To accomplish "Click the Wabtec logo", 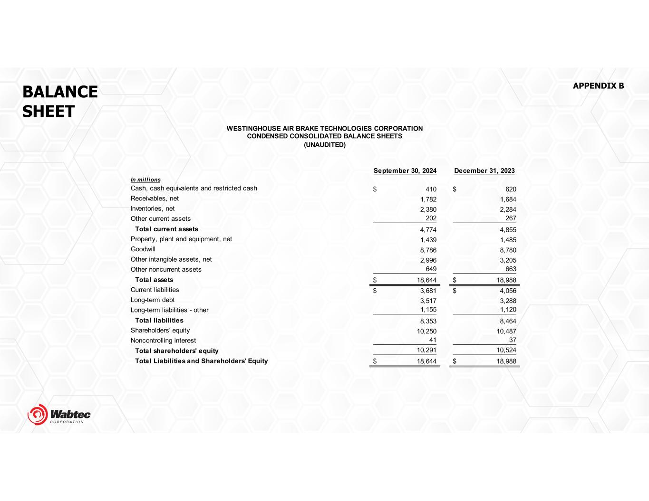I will point(59,415).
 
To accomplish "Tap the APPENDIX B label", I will point(598,86).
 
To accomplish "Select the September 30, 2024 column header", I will point(405,171).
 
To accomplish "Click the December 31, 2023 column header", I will point(484,171).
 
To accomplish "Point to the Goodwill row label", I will point(143,249).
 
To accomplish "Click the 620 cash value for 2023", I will point(511,189).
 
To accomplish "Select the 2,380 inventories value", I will point(428,209).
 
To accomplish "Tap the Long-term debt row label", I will point(153,300).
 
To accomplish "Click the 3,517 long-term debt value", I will point(428,301).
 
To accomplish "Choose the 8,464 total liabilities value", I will point(508,321).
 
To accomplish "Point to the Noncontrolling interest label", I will point(163,340).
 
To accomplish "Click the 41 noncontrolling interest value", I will point(432,340).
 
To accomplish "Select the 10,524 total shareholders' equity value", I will point(506,350).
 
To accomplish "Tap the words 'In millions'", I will point(145,180).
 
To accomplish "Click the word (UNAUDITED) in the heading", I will point(325,144).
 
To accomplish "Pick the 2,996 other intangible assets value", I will point(428,260).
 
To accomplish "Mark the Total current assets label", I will point(166,229).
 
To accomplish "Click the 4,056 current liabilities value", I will point(508,291).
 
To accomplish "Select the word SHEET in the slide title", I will point(48,112).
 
